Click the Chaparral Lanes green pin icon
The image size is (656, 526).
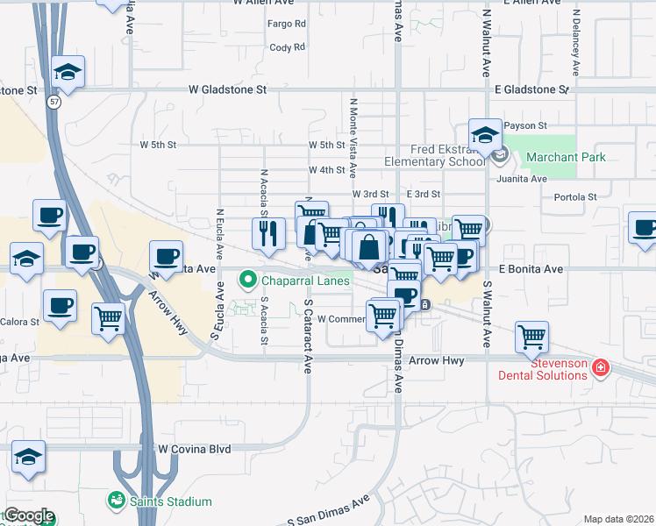pos(248,281)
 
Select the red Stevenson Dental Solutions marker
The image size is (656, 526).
pos(601,368)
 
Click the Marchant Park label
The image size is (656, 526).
pos(566,158)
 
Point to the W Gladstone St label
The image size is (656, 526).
pos(228,89)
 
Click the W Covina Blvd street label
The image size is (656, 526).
pos(194,449)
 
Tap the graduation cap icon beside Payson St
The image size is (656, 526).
pos(483,135)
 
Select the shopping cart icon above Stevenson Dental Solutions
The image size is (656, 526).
pos(531,336)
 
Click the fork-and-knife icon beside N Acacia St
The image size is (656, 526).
pos(266,232)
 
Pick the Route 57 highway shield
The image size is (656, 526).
pos(53,103)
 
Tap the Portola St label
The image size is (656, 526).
pos(575,197)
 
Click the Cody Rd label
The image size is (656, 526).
pos(288,47)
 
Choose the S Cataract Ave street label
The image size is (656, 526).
pos(308,337)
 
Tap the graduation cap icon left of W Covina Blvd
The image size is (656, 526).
pos(29,457)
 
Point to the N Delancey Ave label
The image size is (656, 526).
pos(576,43)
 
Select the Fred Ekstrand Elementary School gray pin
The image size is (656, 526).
pos(501,157)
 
